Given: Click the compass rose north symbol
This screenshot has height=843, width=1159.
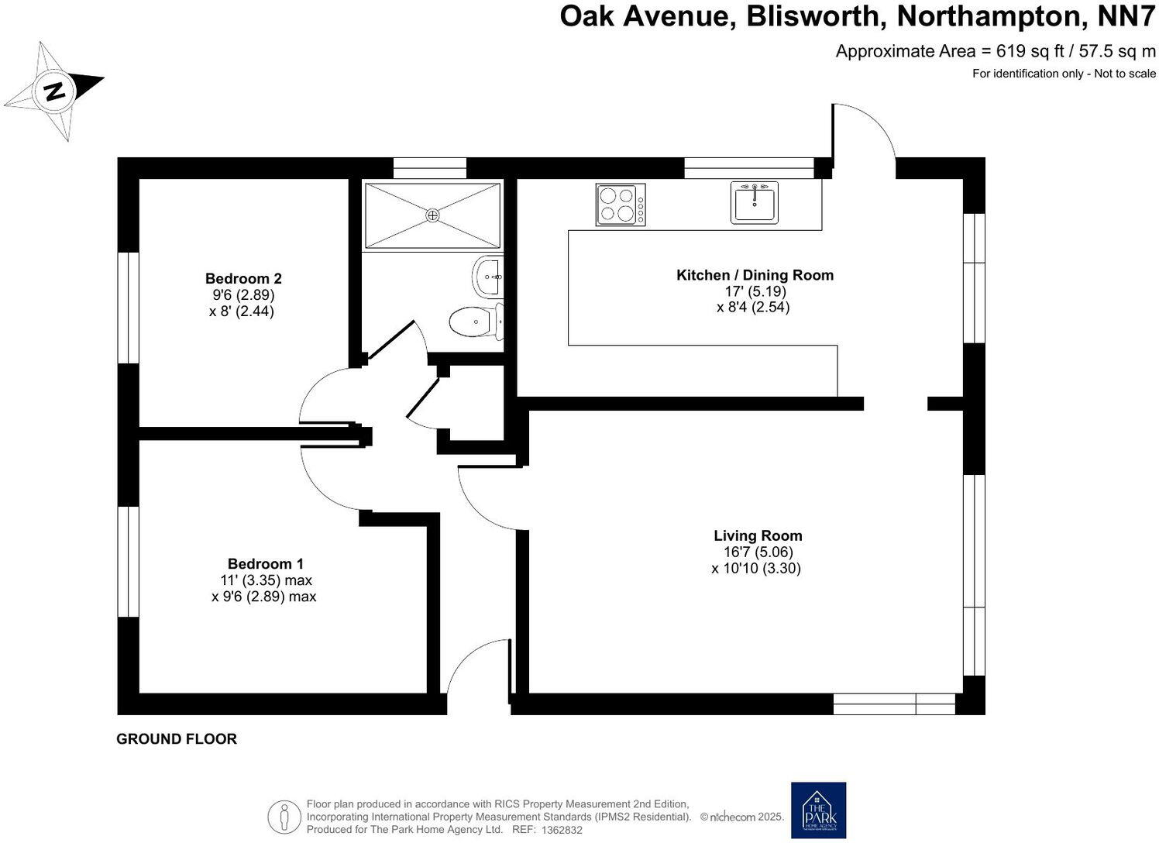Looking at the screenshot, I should pos(54,91).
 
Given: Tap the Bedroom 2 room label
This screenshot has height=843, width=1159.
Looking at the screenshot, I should pos(243,278).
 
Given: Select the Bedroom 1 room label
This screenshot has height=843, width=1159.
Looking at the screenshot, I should pos(265,563).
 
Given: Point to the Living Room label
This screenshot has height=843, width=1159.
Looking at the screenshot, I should pos(758,535).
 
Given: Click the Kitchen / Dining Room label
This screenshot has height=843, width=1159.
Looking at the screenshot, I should pos(755,275).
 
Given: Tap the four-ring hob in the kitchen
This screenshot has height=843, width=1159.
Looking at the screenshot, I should pos(620,205).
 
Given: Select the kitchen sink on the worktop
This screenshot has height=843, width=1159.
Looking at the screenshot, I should pos(754,202).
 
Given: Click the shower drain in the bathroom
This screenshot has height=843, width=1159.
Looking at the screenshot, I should pos(433,215).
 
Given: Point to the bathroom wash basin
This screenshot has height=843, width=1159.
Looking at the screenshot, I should pos(488,277).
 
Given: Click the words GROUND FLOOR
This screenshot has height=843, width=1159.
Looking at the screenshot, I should pos(177,739).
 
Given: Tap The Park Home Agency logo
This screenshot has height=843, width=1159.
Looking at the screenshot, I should pos(818,810).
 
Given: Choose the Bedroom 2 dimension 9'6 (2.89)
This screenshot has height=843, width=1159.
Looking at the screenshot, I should pos(243,295).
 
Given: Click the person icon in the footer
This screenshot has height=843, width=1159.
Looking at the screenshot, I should pos(284,817).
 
